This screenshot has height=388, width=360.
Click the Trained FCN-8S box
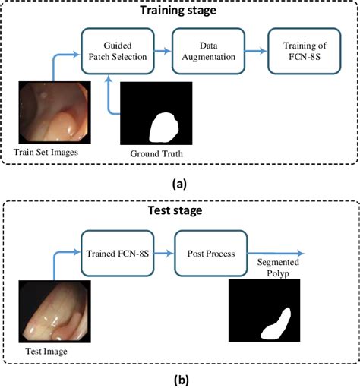coord(118,253)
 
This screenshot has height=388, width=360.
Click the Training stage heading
coord(180,10)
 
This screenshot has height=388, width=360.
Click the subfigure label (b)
coord(180,377)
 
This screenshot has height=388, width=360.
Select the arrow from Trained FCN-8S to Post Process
coord(166,253)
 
